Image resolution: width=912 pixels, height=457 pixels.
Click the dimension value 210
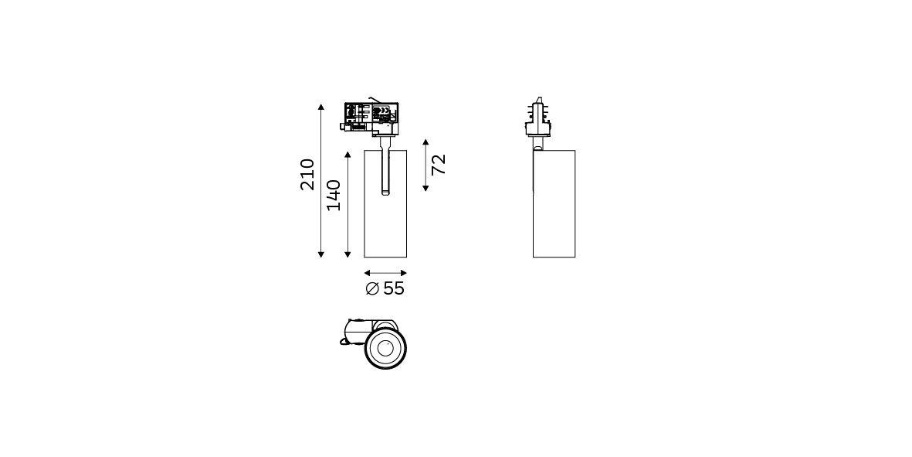pyautogui.click(x=307, y=174)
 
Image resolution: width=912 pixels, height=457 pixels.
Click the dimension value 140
pyautogui.click(x=334, y=195)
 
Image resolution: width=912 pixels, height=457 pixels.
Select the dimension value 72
pyautogui.click(x=439, y=164)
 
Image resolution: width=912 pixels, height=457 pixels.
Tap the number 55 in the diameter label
pyautogui.click(x=394, y=288)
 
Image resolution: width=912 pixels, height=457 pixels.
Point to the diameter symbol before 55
pyautogui.click(x=372, y=288)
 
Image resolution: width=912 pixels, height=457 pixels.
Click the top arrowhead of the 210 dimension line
pyautogui.click(x=321, y=107)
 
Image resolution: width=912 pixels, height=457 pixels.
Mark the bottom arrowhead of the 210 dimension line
pyautogui.click(x=321, y=254)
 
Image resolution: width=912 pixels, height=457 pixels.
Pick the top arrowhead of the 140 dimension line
pyautogui.click(x=348, y=155)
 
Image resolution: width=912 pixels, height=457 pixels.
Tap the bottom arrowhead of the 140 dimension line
pyautogui.click(x=348, y=254)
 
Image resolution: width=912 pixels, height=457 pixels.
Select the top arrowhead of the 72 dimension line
pyautogui.click(x=425, y=142)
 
